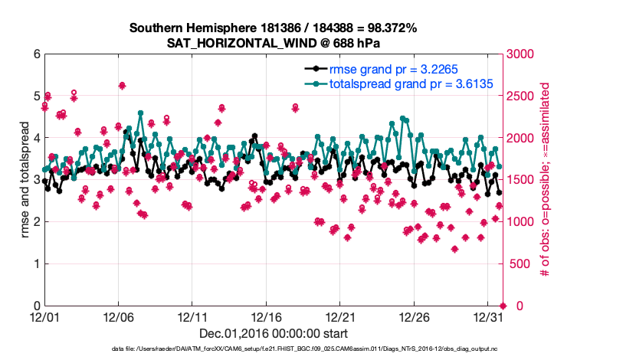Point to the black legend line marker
point(316,69)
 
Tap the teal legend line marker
point(316,83)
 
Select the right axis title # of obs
point(546,180)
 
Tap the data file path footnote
point(273,349)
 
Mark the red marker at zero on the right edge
point(502,305)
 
